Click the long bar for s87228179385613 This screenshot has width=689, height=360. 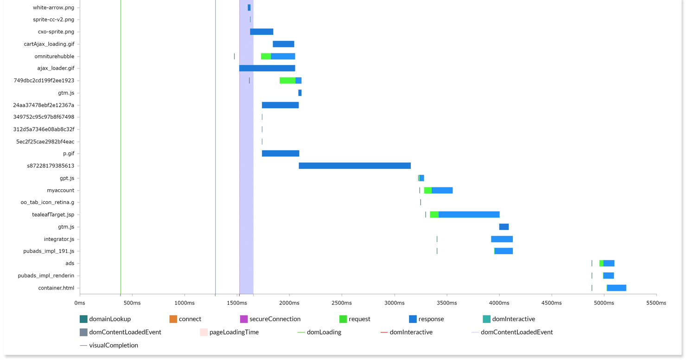[x=355, y=166]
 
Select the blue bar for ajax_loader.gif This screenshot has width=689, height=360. [x=267, y=68]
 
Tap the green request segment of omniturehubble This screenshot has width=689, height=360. [x=266, y=56]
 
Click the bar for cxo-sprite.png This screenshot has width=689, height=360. [x=262, y=32]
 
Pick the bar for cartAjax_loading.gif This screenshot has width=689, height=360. [x=283, y=44]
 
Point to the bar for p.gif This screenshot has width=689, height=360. [x=281, y=154]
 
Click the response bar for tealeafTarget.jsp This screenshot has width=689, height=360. [x=469, y=214]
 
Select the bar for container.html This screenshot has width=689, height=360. [x=616, y=288]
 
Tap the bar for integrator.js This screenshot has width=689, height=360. [x=502, y=239]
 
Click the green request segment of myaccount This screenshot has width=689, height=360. [x=427, y=190]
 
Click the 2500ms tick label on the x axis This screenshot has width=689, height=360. [x=342, y=303]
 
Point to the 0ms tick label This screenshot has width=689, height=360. [x=80, y=303]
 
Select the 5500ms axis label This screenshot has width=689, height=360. [x=656, y=303]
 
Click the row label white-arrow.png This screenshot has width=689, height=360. [x=53, y=7]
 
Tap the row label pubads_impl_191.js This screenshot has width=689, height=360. [x=49, y=251]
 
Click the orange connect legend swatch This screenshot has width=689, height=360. [x=173, y=319]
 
